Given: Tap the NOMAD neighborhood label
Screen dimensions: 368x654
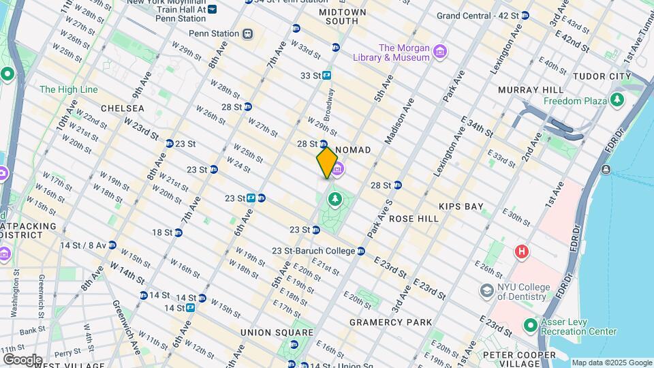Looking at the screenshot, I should [353, 150].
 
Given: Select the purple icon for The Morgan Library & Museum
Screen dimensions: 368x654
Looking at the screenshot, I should [440, 52].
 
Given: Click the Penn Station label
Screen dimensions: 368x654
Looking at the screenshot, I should [214, 33].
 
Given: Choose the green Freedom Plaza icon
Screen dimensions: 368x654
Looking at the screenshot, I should [617, 100].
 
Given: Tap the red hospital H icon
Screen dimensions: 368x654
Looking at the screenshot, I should [523, 251].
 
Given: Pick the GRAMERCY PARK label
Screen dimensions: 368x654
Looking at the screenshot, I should [390, 322].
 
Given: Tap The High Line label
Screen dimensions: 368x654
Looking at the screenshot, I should [68, 89].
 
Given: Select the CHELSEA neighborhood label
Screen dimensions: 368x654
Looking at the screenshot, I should [122, 108].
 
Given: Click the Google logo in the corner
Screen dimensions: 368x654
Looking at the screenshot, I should [22, 359].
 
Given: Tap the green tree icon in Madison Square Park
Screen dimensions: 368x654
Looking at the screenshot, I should [334, 199].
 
